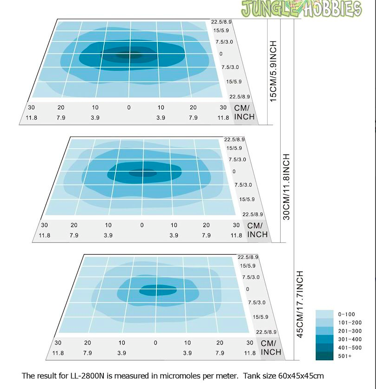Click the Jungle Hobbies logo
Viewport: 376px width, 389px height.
click(x=302, y=9)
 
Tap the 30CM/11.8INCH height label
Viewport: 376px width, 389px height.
click(x=286, y=187)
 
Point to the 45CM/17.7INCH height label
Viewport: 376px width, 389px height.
click(x=299, y=304)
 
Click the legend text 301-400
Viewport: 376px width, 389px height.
click(x=350, y=339)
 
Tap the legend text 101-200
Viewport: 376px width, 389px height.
click(x=350, y=322)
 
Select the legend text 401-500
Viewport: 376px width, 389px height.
click(x=350, y=348)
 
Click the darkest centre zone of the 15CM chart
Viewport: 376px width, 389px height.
click(x=128, y=54)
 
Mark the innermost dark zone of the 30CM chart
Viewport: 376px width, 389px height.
click(x=142, y=173)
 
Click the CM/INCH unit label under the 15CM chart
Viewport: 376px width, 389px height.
click(x=244, y=112)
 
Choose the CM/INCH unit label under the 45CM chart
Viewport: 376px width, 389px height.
click(x=271, y=348)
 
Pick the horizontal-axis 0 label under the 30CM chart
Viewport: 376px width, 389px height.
click(x=142, y=225)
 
